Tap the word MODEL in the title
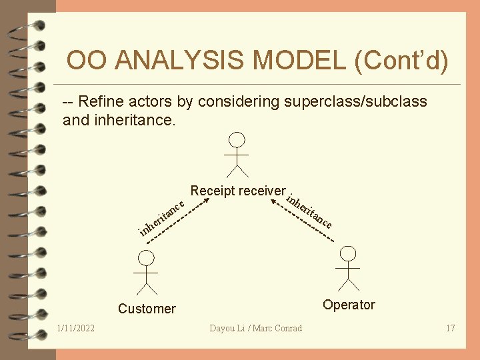[300, 61]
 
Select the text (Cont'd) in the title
[402, 61]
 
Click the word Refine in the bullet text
[102, 101]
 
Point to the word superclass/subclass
[355, 101]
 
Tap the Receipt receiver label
[237, 191]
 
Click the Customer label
[147, 309]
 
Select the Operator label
[349, 305]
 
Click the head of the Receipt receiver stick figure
[237, 139]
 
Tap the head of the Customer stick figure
[147, 258]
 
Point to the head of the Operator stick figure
[348, 253]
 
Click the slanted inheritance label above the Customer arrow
[161, 216]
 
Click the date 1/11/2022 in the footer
[76, 328]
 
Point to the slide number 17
[450, 328]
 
